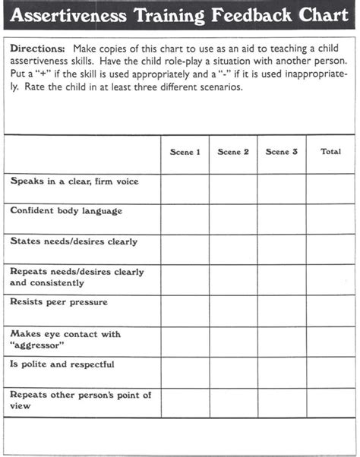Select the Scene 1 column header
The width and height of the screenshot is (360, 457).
click(x=185, y=152)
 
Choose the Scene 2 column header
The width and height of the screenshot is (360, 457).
click(x=233, y=152)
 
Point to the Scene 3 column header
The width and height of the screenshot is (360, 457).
click(x=282, y=152)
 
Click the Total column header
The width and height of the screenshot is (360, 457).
click(x=330, y=152)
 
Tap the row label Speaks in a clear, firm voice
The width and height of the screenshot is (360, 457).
click(x=74, y=182)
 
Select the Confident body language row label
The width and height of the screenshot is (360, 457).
click(x=66, y=211)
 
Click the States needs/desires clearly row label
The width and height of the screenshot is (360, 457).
click(x=74, y=241)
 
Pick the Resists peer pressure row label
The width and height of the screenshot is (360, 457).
click(x=59, y=302)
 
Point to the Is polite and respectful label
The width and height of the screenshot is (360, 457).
click(x=62, y=364)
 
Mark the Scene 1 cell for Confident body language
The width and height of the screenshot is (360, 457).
click(x=185, y=219)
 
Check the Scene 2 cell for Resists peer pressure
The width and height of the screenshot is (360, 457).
click(x=233, y=310)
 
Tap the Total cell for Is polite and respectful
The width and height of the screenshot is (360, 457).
click(x=330, y=373)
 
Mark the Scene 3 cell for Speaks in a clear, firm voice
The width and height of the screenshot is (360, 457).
click(x=282, y=189)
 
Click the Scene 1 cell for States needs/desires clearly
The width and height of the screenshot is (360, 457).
click(x=185, y=249)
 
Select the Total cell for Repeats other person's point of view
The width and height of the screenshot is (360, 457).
click(x=330, y=403)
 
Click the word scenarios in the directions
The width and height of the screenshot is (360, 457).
click(x=220, y=87)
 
